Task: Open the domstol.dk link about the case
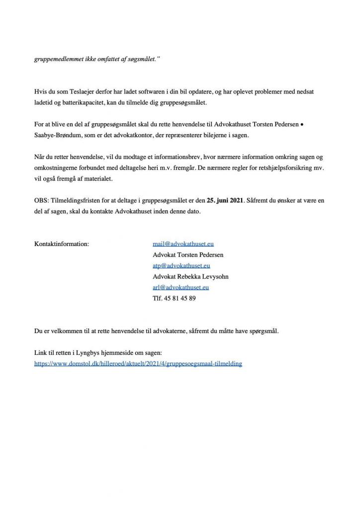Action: pyautogui.click(x=138, y=364)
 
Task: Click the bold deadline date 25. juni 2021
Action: pyautogui.click(x=226, y=201)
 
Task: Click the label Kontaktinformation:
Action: pyautogui.click(x=62, y=244)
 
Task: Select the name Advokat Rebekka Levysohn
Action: pyautogui.click(x=190, y=276)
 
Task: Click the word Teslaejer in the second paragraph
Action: pyautogui.click(x=84, y=92)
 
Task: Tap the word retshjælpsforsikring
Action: pyautogui.click(x=286, y=168)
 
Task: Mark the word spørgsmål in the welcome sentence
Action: pyautogui.click(x=262, y=331)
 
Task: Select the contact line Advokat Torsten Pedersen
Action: pyautogui.click(x=188, y=255)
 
